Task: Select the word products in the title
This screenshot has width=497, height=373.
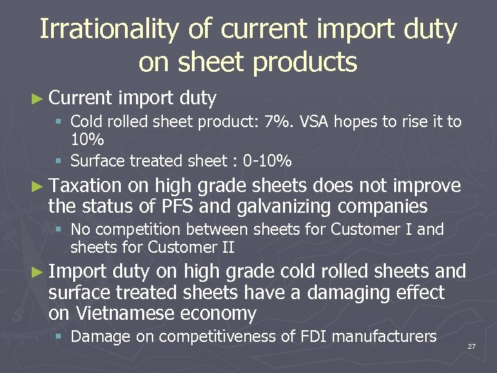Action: pos(305,62)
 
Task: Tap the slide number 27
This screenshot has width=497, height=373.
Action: pos(471,346)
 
